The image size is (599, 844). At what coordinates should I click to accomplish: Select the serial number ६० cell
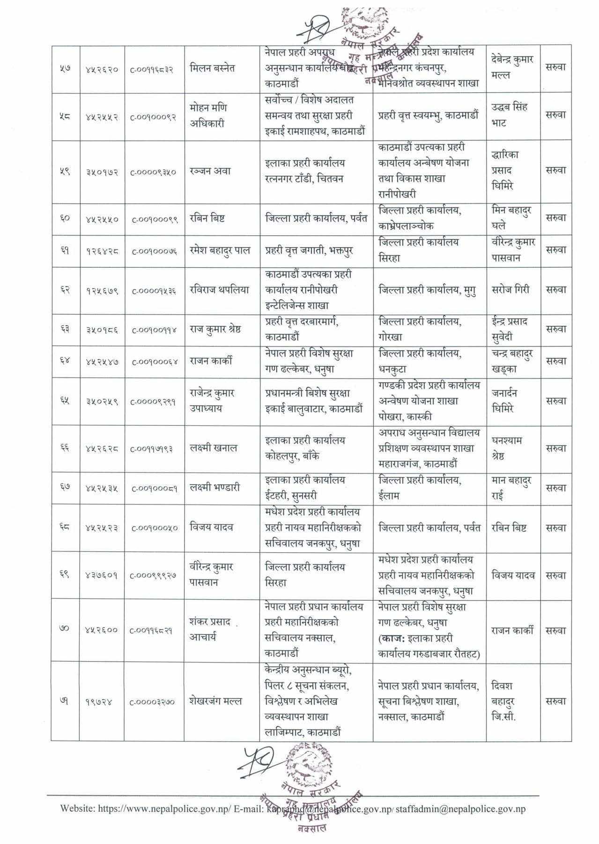point(65,218)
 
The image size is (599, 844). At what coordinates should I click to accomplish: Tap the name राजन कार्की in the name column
point(211,361)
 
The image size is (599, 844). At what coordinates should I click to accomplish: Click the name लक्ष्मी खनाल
point(214,448)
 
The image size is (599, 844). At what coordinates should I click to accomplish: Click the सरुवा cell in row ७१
point(556,701)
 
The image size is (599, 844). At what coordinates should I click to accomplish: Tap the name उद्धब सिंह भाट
point(510,115)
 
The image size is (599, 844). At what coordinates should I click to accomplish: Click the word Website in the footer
point(77,808)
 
